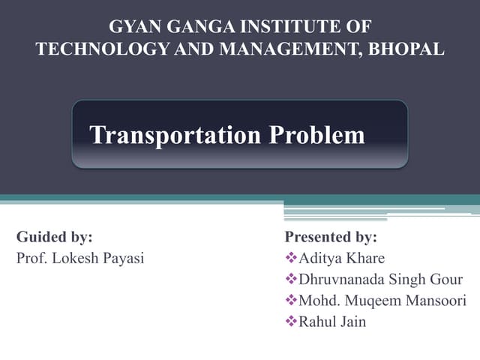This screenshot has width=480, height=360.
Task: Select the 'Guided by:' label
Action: [54, 237]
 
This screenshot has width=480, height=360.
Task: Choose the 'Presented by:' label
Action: [331, 237]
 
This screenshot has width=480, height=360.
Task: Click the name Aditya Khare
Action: [341, 259]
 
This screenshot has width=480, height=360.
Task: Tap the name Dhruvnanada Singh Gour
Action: [380, 280]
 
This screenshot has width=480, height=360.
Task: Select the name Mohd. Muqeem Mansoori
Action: [382, 301]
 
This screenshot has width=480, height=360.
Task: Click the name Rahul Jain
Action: [332, 322]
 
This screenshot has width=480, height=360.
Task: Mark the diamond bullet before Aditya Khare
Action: [291, 259]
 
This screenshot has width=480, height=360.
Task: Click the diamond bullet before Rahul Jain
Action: [291, 322]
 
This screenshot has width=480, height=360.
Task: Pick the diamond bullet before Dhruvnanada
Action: [291, 280]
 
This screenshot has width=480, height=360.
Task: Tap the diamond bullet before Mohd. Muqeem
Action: [291, 301]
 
